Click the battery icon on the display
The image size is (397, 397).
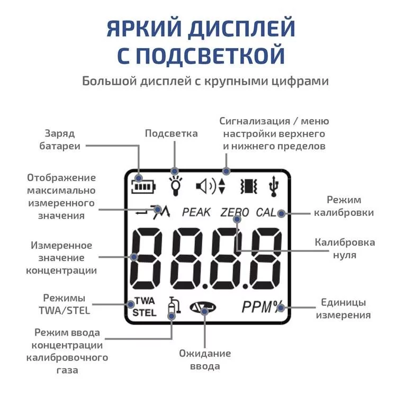pyautogui.click(x=143, y=186)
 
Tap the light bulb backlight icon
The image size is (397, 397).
pyautogui.click(x=175, y=186)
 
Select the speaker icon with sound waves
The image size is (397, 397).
pyautogui.click(x=206, y=186)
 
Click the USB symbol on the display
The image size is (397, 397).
pyautogui.click(x=274, y=186)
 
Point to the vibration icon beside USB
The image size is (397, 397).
pyautogui.click(x=249, y=186)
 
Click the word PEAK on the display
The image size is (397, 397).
pyautogui.click(x=196, y=212)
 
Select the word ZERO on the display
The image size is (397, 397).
pyautogui.click(x=234, y=212)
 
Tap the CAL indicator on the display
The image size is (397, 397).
pyautogui.click(x=266, y=212)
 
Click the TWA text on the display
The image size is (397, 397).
pyautogui.click(x=145, y=301)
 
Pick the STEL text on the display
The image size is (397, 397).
pyautogui.click(x=145, y=313)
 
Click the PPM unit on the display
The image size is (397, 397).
pyautogui.click(x=257, y=307)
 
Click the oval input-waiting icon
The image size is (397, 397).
pyautogui.click(x=203, y=308)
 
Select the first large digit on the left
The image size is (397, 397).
pyautogui.click(x=146, y=258)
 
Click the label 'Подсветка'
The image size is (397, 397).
pyautogui.click(x=172, y=133)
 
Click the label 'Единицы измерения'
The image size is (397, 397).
pyautogui.click(x=344, y=309)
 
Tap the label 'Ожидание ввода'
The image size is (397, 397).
pyautogui.click(x=205, y=360)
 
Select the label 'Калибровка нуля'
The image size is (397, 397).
pyautogui.click(x=345, y=249)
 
